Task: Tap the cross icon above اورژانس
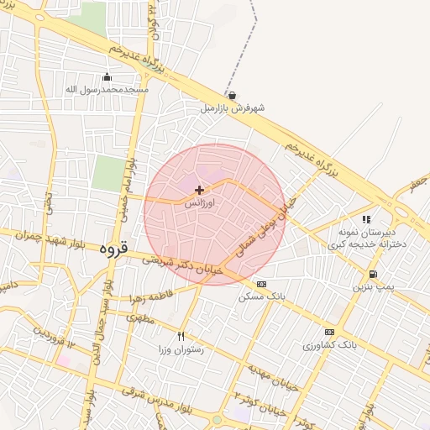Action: (x=199, y=191)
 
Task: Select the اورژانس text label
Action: (x=199, y=203)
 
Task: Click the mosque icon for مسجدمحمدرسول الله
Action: (x=107, y=77)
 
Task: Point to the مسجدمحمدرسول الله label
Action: (x=107, y=89)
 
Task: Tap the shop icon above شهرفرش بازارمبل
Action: (x=232, y=96)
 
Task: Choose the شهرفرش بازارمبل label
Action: (x=233, y=108)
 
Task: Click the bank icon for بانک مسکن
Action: (x=261, y=284)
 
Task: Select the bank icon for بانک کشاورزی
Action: (x=328, y=332)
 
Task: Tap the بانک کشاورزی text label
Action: (x=329, y=344)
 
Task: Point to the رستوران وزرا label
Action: (x=181, y=348)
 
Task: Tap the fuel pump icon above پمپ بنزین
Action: (x=372, y=274)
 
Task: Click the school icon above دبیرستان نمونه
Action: (x=366, y=219)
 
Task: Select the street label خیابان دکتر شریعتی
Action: (x=181, y=265)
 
